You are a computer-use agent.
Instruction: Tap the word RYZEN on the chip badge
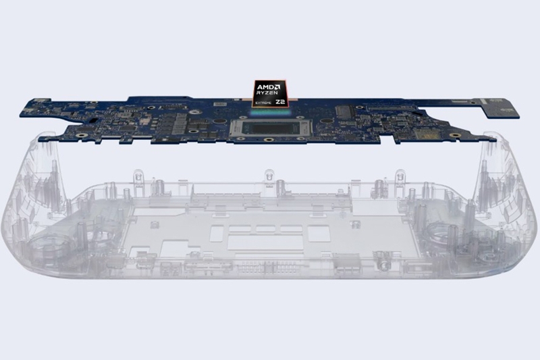(x=268, y=95)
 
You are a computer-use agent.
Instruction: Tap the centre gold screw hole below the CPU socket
(x=269, y=140)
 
